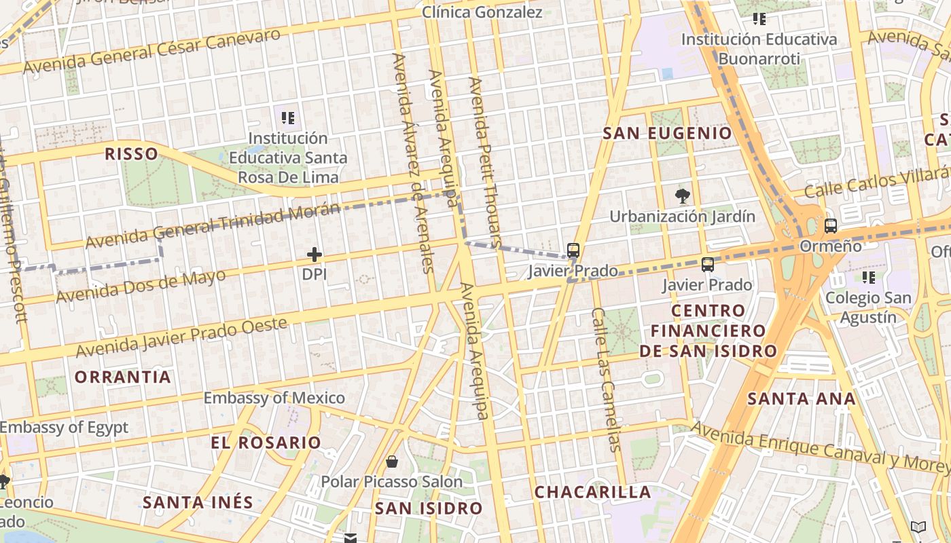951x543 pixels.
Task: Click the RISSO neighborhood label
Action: pyautogui.click(x=131, y=153)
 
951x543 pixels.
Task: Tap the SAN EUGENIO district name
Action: pyautogui.click(x=667, y=133)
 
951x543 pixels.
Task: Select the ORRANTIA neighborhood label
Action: pyautogui.click(x=122, y=377)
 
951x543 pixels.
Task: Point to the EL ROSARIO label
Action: pyautogui.click(x=266, y=443)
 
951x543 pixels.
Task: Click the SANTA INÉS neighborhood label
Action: pyautogui.click(x=198, y=503)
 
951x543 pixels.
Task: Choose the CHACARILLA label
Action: pyautogui.click(x=592, y=492)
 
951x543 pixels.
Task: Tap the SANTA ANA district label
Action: pyautogui.click(x=802, y=398)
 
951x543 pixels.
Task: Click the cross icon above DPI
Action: pyautogui.click(x=314, y=255)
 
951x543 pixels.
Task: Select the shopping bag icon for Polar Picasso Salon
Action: pyautogui.click(x=392, y=462)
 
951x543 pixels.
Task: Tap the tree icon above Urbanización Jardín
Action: pyautogui.click(x=682, y=197)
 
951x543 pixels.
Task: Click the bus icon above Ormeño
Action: pyautogui.click(x=830, y=226)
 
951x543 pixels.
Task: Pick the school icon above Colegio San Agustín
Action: pyautogui.click(x=868, y=277)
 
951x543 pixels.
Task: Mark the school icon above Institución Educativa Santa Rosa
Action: pyautogui.click(x=288, y=118)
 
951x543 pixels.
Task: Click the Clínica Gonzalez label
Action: pyautogui.click(x=482, y=12)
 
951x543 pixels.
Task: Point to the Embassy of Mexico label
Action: pyautogui.click(x=274, y=398)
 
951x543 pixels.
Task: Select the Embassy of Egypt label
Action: pyautogui.click(x=64, y=428)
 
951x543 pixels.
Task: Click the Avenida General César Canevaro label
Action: pyautogui.click(x=151, y=51)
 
